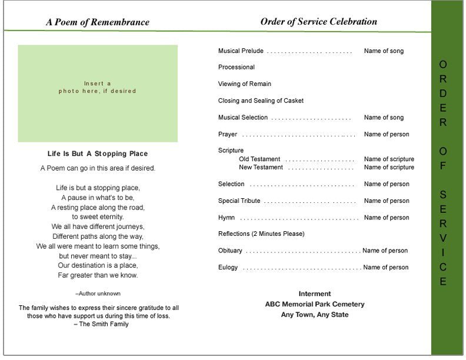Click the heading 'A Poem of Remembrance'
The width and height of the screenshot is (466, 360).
[98, 22]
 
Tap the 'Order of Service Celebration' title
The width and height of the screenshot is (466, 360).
[318, 22]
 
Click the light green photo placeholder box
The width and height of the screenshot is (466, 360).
[98, 94]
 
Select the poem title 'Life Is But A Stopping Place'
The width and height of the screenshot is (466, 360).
[98, 154]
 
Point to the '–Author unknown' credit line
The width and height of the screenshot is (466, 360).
[98, 293]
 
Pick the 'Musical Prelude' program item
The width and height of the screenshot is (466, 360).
[241, 51]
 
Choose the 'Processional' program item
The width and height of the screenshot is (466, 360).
[237, 68]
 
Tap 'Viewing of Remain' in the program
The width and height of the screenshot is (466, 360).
[245, 84]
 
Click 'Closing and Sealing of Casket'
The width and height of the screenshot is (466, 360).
[261, 101]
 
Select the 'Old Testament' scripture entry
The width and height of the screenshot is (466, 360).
[259, 159]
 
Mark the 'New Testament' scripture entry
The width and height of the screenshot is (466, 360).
[261, 168]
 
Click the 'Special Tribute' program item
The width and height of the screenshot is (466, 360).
[239, 201]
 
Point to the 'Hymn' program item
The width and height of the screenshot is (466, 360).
[227, 218]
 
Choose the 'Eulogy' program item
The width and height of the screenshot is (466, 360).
[228, 268]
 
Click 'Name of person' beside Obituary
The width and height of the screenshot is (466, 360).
[385, 251]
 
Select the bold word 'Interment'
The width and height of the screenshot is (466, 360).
[315, 294]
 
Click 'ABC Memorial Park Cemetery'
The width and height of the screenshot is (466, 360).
[315, 304]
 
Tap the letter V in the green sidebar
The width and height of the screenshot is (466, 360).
[443, 238]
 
